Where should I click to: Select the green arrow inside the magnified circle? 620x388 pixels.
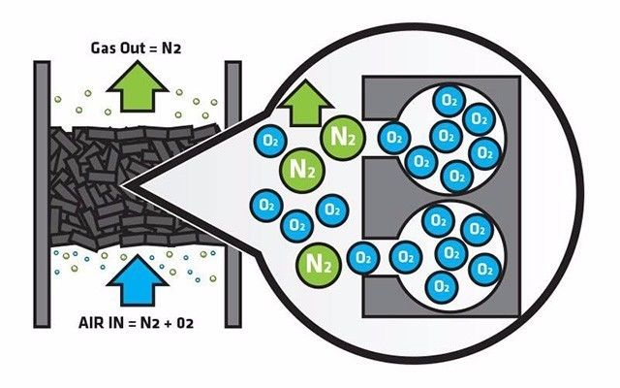pos(309,101)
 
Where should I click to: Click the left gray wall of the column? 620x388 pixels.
pos(43,194)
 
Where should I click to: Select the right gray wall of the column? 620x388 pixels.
pos(233,194)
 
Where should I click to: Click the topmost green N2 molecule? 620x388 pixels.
pos(342,137)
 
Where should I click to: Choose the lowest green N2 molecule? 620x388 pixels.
pos(316,259)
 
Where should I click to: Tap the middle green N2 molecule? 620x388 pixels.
pos(302,171)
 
